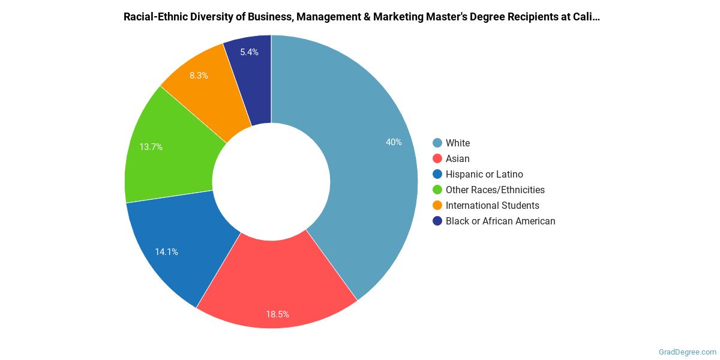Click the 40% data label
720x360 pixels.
click(394, 142)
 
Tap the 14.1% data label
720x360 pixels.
click(166, 252)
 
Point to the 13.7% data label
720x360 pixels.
click(151, 146)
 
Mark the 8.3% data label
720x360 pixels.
click(199, 76)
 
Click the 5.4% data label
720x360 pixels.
click(249, 52)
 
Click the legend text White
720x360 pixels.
click(458, 143)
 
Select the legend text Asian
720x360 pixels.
click(458, 158)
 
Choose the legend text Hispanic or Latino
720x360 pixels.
click(484, 174)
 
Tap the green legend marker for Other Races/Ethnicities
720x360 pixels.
click(437, 190)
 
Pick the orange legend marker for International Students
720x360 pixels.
click(437, 205)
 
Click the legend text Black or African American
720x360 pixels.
click(500, 221)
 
